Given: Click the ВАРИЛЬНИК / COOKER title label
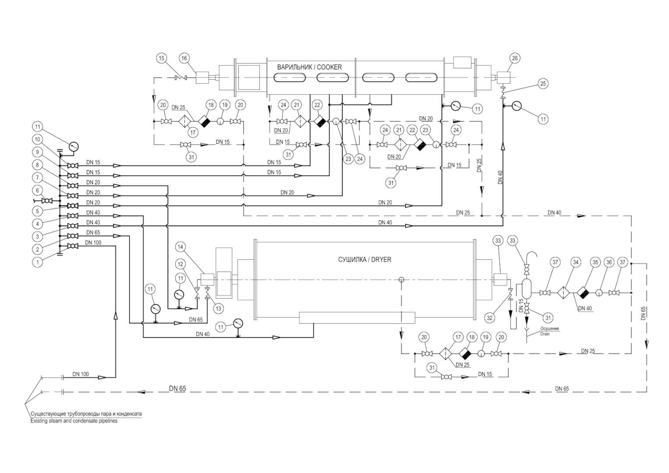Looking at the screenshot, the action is coord(309,67).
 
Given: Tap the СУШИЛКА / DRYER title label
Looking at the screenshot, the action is coord(365,260).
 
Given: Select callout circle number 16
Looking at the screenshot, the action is coord(184,58).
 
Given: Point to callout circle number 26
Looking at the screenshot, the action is coord(515,58).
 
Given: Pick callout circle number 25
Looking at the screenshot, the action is coord(543,84).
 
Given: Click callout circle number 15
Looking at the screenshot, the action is coord(162,58).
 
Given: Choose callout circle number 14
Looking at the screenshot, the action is coord(181,247).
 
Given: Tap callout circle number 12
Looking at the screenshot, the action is coord(181,264).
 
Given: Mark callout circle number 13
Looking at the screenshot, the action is coord(218,308).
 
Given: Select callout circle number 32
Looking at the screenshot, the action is coord(489,318).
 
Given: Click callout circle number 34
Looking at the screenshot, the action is coord(576,262).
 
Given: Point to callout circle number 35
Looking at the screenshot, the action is coord(595,262).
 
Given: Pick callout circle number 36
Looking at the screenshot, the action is coord(609,262).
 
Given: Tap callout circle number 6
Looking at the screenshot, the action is coord(37,191).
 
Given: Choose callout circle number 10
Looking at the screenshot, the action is coord(37,139).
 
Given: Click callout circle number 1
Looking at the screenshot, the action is coord(37,262).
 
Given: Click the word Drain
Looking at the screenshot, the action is coord(545,334).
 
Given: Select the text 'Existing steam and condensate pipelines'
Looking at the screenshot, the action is coord(74,421).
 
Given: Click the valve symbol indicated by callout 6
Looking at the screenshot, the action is coord(47,201).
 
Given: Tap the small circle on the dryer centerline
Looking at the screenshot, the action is coord(401,280).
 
